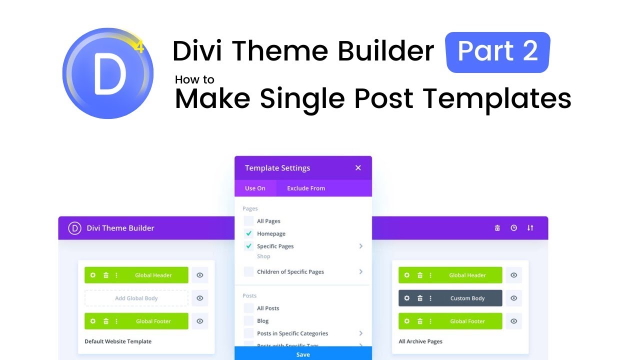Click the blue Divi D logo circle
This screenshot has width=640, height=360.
pos(107,73)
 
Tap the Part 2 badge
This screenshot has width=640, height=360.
pos(497,52)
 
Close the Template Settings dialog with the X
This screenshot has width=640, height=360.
pos(358,168)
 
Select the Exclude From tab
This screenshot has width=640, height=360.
pos(306,188)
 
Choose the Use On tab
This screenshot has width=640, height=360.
pos(255,188)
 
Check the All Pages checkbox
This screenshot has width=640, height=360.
pos(248,221)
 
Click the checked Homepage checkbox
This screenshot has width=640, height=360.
pos(248,233)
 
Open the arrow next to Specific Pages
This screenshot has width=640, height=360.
pos(360,246)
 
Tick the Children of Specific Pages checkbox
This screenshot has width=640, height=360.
pos(248,272)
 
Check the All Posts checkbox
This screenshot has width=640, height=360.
pos(248,308)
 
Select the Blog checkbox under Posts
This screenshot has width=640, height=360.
pos(248,321)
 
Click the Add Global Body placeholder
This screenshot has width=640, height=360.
pos(136,298)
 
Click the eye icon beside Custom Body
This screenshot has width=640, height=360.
pos(513,298)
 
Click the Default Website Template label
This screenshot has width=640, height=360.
pos(118,341)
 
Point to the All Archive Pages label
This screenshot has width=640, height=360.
pos(420,341)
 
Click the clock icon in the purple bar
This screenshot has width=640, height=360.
pos(513,228)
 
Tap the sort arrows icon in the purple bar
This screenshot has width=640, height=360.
pos(530,228)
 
